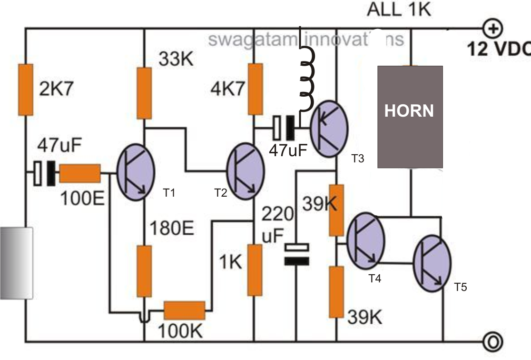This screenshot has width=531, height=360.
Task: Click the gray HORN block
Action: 410,117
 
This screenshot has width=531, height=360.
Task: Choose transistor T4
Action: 365,240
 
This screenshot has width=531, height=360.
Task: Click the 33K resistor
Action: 144,93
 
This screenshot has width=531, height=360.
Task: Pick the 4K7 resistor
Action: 255,89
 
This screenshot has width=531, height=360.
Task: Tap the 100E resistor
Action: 79,173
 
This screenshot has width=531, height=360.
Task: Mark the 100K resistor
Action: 185,310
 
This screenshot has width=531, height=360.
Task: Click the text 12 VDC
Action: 497,49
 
